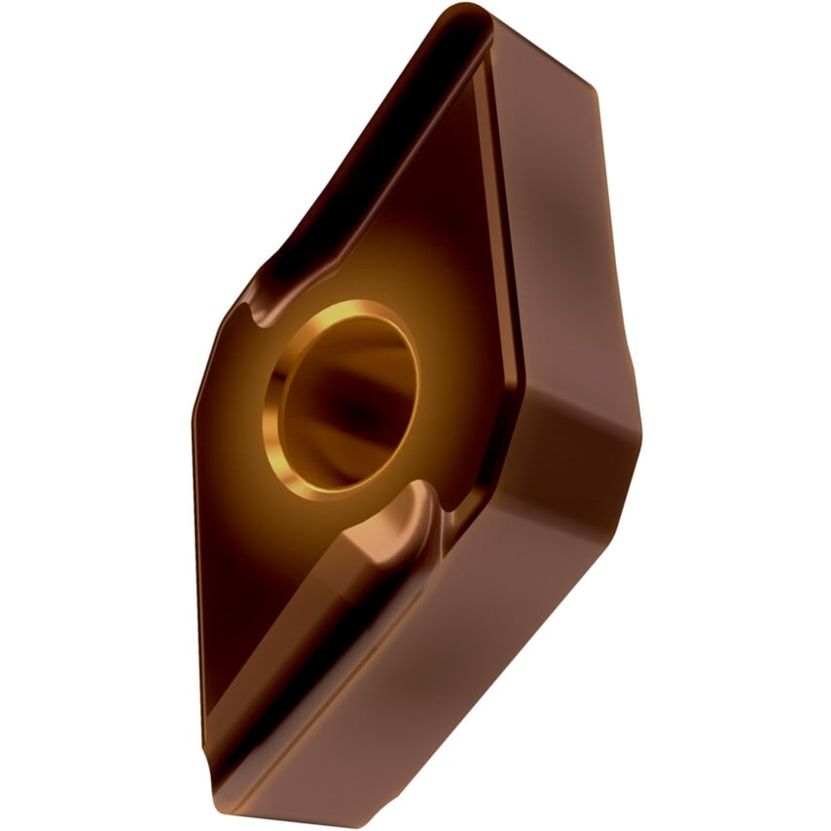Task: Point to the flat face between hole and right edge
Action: [x=457, y=321]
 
